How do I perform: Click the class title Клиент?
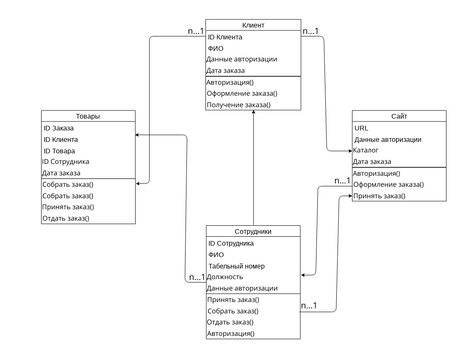[253, 24]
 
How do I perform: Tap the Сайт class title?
[399, 116]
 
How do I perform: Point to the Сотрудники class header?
[253, 231]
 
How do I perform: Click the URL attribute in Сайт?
[362, 128]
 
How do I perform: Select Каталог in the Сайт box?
[367, 150]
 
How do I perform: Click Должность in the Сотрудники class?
[227, 277]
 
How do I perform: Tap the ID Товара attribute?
[62, 150]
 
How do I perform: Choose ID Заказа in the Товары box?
[62, 128]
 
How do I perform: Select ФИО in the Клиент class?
[216, 48]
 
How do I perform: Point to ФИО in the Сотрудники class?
[216, 254]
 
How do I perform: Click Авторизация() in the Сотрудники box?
[231, 334]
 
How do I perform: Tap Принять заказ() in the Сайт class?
[379, 196]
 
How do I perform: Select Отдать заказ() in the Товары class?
[66, 218]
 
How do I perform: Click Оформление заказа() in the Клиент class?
[242, 93]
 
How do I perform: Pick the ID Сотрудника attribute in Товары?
[66, 161]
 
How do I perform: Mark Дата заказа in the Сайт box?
[372, 161]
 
